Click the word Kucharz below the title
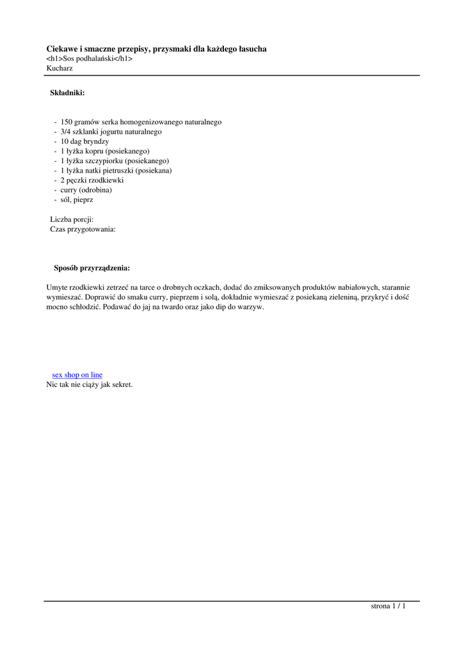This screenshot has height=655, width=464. tap(60, 68)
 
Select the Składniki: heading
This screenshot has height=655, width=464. tap(67, 93)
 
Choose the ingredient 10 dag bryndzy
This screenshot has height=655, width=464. tap(84, 141)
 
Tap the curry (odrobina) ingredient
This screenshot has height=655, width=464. tap(86, 190)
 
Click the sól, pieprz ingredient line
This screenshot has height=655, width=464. tap(77, 200)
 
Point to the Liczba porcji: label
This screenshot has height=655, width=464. tap(72, 219)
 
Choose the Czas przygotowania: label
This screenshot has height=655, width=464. tap(83, 229)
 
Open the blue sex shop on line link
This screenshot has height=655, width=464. tap(77, 375)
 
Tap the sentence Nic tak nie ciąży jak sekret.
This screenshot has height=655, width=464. tap(90, 384)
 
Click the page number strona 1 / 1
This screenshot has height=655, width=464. tap(388, 606)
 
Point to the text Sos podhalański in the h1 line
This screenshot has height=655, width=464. tap(89, 58)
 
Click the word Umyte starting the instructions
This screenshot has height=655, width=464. tap(58, 288)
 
